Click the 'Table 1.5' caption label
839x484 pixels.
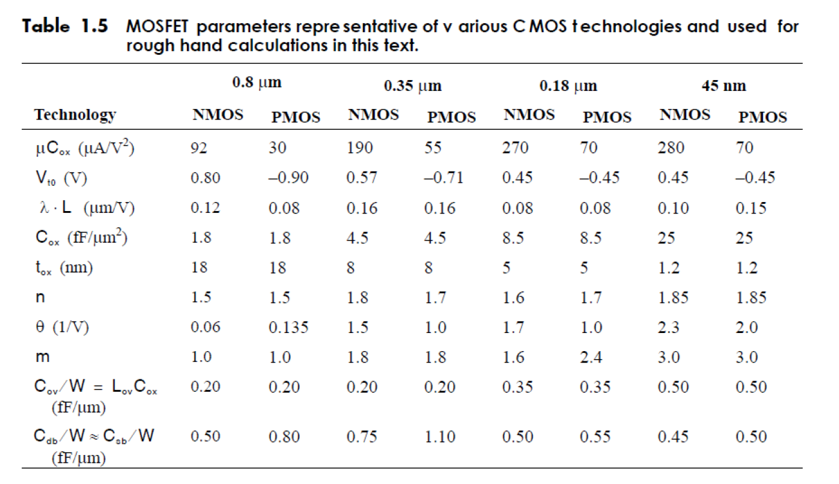click(x=65, y=27)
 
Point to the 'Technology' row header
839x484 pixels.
click(x=75, y=115)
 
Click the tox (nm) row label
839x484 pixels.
click(x=63, y=268)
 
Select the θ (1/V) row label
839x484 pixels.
click(x=61, y=327)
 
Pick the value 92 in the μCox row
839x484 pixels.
click(x=200, y=148)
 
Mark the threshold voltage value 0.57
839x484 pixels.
click(x=360, y=177)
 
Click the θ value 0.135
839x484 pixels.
click(x=284, y=327)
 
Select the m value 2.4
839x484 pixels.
click(x=591, y=357)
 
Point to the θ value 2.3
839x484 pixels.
click(x=668, y=327)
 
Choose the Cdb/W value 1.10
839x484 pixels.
click(x=440, y=437)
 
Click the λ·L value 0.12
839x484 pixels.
click(x=205, y=208)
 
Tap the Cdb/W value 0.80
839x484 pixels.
click(x=284, y=437)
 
